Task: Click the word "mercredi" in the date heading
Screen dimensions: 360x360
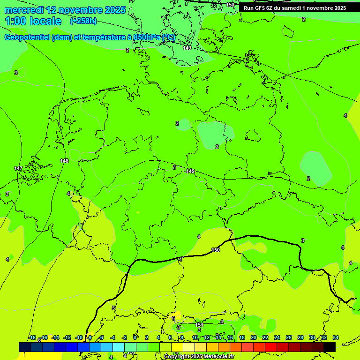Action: click(x=24, y=10)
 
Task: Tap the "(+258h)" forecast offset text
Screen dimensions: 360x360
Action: click(x=83, y=21)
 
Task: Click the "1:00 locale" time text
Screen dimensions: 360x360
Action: click(x=33, y=21)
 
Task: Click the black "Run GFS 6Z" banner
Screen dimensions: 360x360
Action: click(x=294, y=7)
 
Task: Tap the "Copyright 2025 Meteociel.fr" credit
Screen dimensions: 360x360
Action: click(x=199, y=357)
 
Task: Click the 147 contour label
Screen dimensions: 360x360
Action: click(x=18, y=168)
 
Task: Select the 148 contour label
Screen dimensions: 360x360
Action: click(x=64, y=161)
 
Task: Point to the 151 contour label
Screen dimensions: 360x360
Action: click(x=199, y=324)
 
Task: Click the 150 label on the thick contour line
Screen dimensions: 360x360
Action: click(x=215, y=250)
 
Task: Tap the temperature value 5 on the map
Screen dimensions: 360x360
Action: click(x=113, y=307)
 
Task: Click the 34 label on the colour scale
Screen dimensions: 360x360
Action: click(x=335, y=337)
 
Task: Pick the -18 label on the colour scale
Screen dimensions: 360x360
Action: click(x=32, y=337)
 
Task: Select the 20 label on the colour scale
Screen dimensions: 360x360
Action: click(x=253, y=337)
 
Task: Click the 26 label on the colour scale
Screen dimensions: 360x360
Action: click(x=288, y=337)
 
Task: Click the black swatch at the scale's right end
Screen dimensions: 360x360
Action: click(x=330, y=347)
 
